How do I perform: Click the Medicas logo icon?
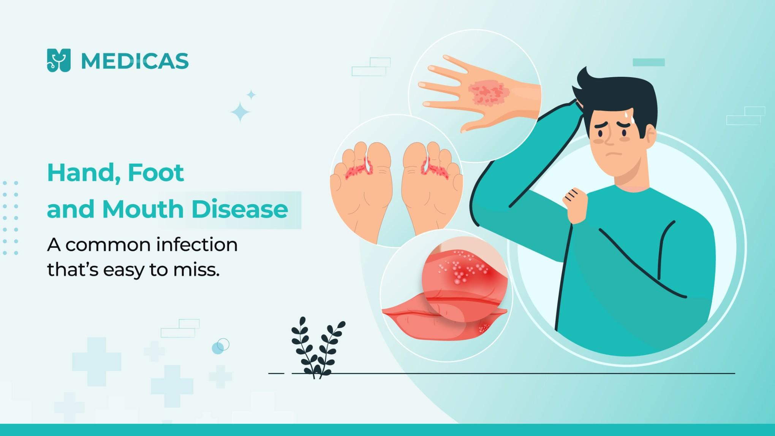[59, 60]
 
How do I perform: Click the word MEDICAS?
[135, 61]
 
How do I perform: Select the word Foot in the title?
[156, 173]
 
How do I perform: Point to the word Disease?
[239, 209]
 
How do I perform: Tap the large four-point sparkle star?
[240, 112]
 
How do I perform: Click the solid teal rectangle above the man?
[648, 62]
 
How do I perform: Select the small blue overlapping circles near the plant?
[220, 346]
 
